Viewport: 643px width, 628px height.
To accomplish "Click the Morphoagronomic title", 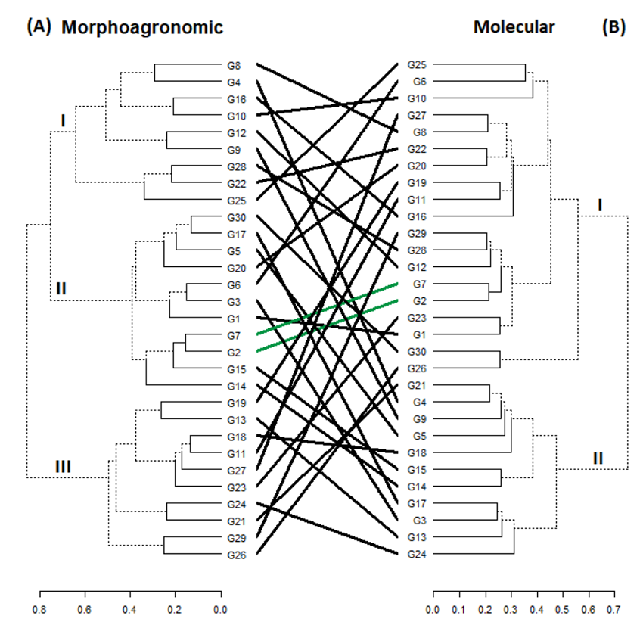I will click(x=142, y=28).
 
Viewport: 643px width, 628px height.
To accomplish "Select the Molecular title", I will click(x=514, y=27).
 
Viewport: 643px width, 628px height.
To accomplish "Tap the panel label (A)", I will click(x=39, y=27).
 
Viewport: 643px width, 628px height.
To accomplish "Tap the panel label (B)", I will click(x=613, y=27).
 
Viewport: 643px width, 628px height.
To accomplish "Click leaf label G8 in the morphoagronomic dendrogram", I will click(x=234, y=66).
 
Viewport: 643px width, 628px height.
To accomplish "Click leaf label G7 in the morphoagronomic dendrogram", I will click(x=234, y=335).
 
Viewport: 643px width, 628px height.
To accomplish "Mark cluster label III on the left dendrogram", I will click(x=63, y=467).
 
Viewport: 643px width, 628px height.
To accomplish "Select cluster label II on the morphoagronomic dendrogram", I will click(x=61, y=288).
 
